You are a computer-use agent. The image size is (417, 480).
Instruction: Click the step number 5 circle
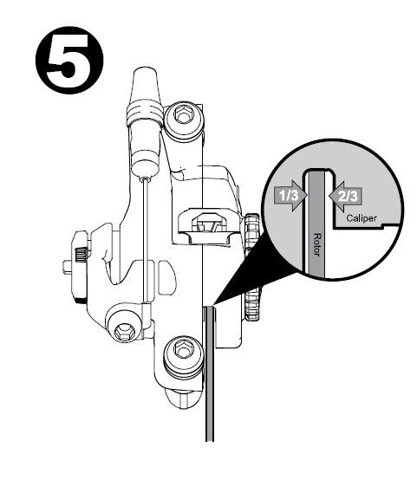point(69,60)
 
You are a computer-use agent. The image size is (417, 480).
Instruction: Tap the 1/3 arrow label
point(290,195)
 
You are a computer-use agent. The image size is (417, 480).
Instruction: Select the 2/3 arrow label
point(345,196)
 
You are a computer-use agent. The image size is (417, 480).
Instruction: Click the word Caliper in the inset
point(362,218)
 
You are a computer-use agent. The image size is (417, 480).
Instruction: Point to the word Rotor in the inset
point(316,245)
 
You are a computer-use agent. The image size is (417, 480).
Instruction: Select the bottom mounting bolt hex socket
point(183,349)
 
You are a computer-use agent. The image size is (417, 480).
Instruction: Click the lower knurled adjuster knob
point(253,305)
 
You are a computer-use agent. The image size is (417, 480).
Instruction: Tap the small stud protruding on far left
point(67,267)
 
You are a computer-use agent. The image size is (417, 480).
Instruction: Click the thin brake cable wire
point(147,240)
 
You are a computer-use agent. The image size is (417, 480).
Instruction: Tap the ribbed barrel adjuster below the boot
point(145,114)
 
